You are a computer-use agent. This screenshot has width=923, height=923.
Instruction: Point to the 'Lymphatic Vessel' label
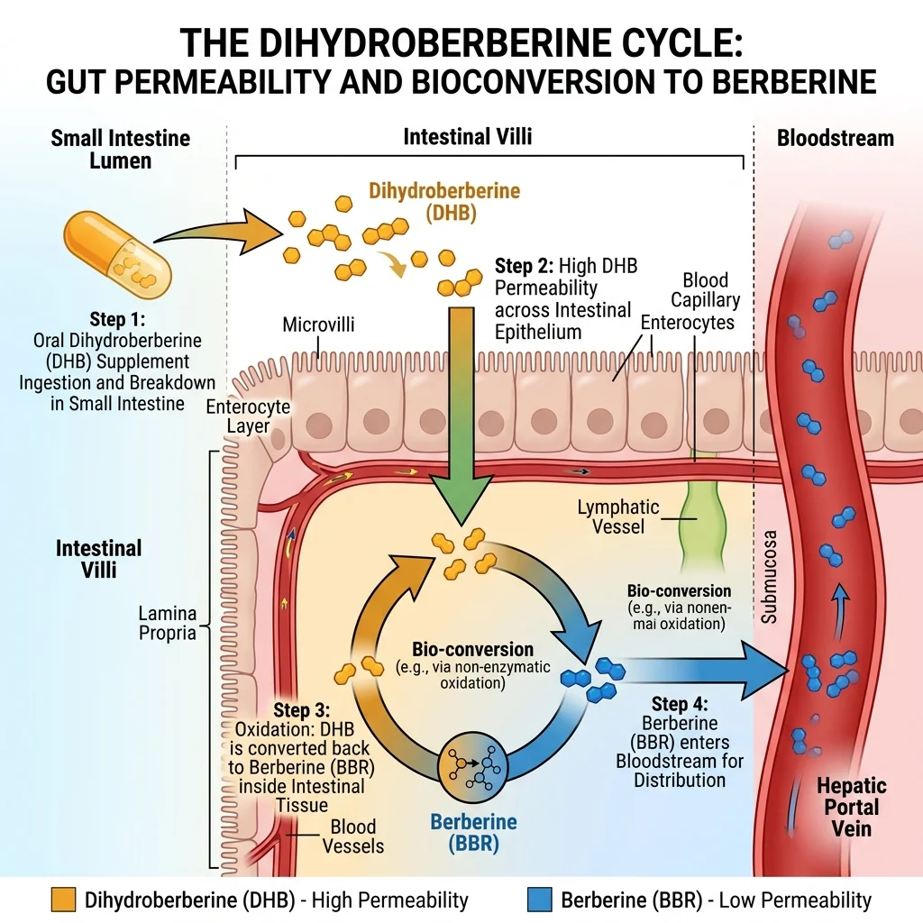tap(618, 516)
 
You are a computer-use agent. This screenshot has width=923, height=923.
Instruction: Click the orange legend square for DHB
tap(64, 900)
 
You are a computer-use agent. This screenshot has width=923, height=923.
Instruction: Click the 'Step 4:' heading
tap(680, 705)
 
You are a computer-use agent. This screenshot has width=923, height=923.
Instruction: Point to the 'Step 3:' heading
tap(299, 709)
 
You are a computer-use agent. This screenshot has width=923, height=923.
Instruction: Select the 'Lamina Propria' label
tap(167, 623)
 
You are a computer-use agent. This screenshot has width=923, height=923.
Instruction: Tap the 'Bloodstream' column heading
tap(835, 138)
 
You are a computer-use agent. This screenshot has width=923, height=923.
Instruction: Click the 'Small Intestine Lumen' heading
tap(121, 150)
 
